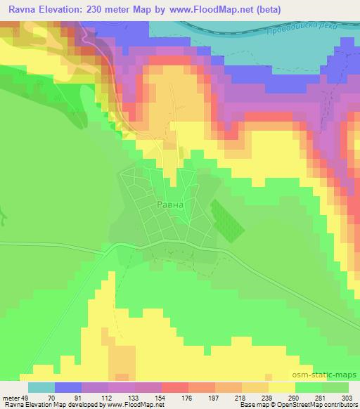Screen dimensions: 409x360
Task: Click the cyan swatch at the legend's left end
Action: click(x=41, y=387)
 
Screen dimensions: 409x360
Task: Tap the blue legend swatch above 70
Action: click(x=67, y=387)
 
